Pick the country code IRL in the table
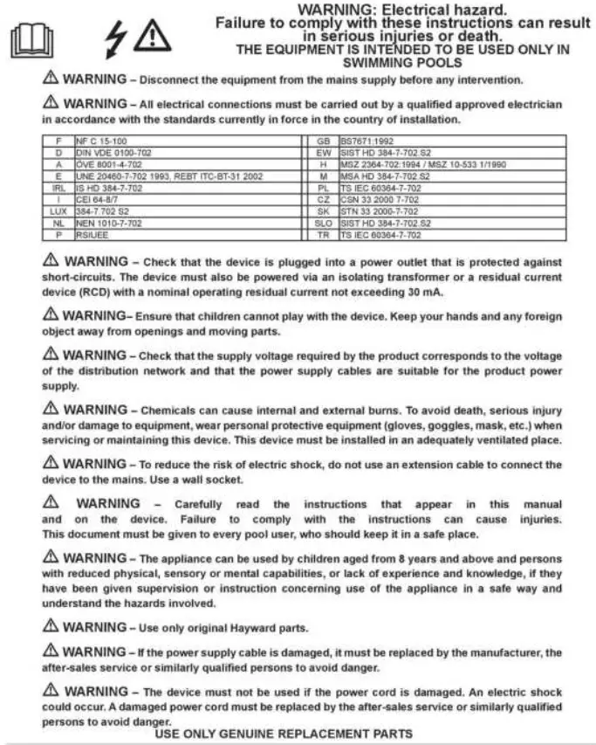coord(58,188)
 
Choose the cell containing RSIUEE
coord(92,235)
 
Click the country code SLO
coord(324,224)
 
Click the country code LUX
coord(58,211)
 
